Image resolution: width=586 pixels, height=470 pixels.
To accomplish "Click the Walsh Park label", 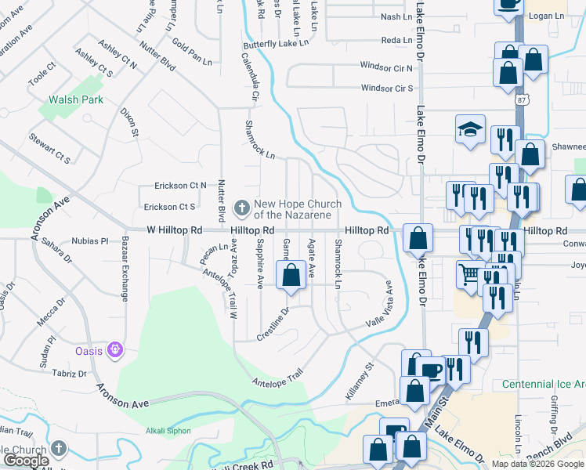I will tap(76, 100).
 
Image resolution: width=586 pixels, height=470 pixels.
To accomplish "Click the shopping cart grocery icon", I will tap(469, 273).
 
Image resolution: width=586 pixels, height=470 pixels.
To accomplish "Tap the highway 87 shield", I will tap(523, 100).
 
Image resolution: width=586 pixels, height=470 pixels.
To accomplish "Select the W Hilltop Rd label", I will tap(175, 231).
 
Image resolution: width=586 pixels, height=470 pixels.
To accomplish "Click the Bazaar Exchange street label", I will tap(124, 269).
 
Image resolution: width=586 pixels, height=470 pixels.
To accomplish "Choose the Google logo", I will tap(26, 461).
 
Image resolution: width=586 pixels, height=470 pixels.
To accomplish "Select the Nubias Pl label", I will tap(89, 241).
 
